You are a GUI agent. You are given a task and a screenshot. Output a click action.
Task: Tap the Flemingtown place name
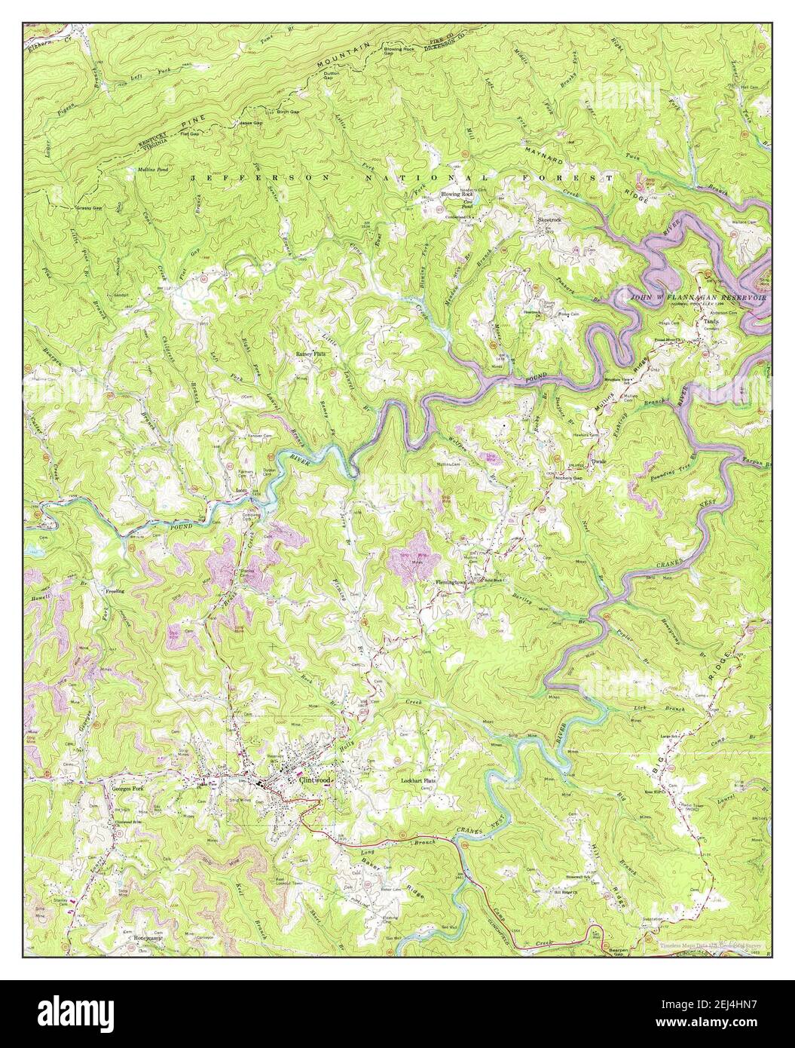451,582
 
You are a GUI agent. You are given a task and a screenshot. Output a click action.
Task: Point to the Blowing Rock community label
457,194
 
